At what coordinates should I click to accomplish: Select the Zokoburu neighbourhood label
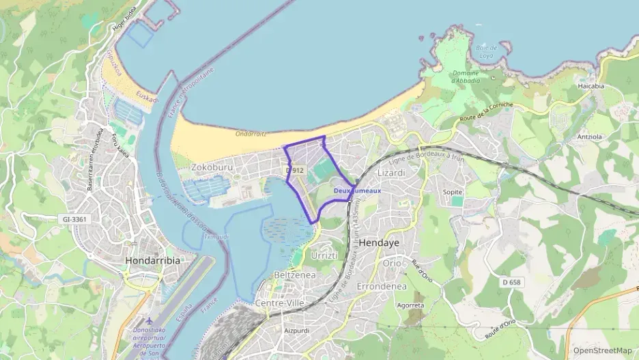(x=212, y=166)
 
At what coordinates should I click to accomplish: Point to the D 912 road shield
(x=295, y=170)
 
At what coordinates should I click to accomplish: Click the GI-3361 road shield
(x=76, y=219)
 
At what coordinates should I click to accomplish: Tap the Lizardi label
(x=391, y=173)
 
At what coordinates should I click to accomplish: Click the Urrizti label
(x=324, y=255)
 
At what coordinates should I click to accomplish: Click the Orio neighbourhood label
(x=392, y=263)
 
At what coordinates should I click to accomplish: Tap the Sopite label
(x=453, y=193)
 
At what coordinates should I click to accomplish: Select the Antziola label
(x=589, y=137)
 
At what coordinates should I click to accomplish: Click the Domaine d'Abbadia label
(x=466, y=77)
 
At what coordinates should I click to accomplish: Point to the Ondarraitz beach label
(x=251, y=135)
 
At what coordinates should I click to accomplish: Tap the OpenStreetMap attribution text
(x=602, y=350)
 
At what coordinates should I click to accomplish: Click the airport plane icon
(x=150, y=320)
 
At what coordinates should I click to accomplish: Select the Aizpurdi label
(x=298, y=331)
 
